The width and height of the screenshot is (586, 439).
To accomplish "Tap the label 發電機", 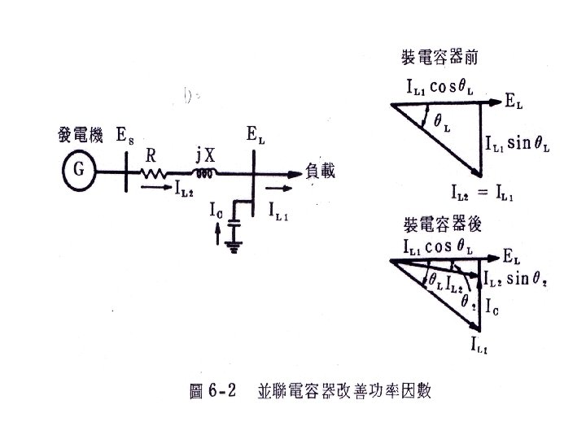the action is [x=80, y=136].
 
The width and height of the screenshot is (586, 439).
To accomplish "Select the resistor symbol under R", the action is [x=155, y=173].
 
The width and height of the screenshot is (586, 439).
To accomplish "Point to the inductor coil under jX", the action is [x=203, y=173].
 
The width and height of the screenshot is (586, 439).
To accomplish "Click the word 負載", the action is [x=321, y=171].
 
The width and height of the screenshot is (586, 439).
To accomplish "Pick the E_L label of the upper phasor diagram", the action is [x=514, y=102].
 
